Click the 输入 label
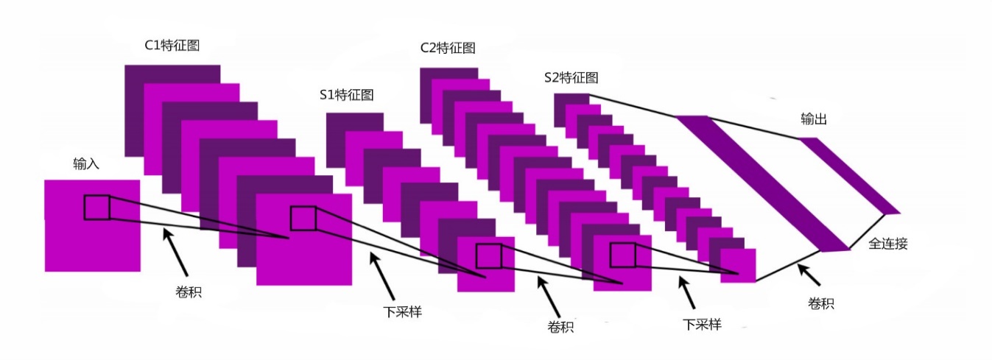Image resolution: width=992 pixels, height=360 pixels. pyautogui.click(x=85, y=163)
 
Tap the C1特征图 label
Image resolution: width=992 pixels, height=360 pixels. pyautogui.click(x=172, y=46)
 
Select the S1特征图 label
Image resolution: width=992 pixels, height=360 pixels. pyautogui.click(x=346, y=94)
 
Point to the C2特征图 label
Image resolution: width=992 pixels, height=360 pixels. pyautogui.click(x=448, y=48)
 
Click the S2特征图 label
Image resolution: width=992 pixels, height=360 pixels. pyautogui.click(x=570, y=77)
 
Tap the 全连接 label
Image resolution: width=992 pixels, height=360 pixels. pyautogui.click(x=888, y=244)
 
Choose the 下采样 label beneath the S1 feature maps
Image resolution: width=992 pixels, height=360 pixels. pyautogui.click(x=402, y=311)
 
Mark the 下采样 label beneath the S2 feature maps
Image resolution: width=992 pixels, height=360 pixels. pyautogui.click(x=701, y=323)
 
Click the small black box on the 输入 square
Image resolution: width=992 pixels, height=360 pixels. pyautogui.click(x=96, y=208)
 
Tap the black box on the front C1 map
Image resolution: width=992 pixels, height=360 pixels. pyautogui.click(x=303, y=219)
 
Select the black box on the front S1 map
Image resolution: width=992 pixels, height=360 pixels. pyautogui.click(x=488, y=255)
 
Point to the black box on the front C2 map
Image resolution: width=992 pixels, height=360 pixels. pyautogui.click(x=623, y=255)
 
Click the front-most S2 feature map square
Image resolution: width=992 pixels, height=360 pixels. pyautogui.click(x=738, y=266)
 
